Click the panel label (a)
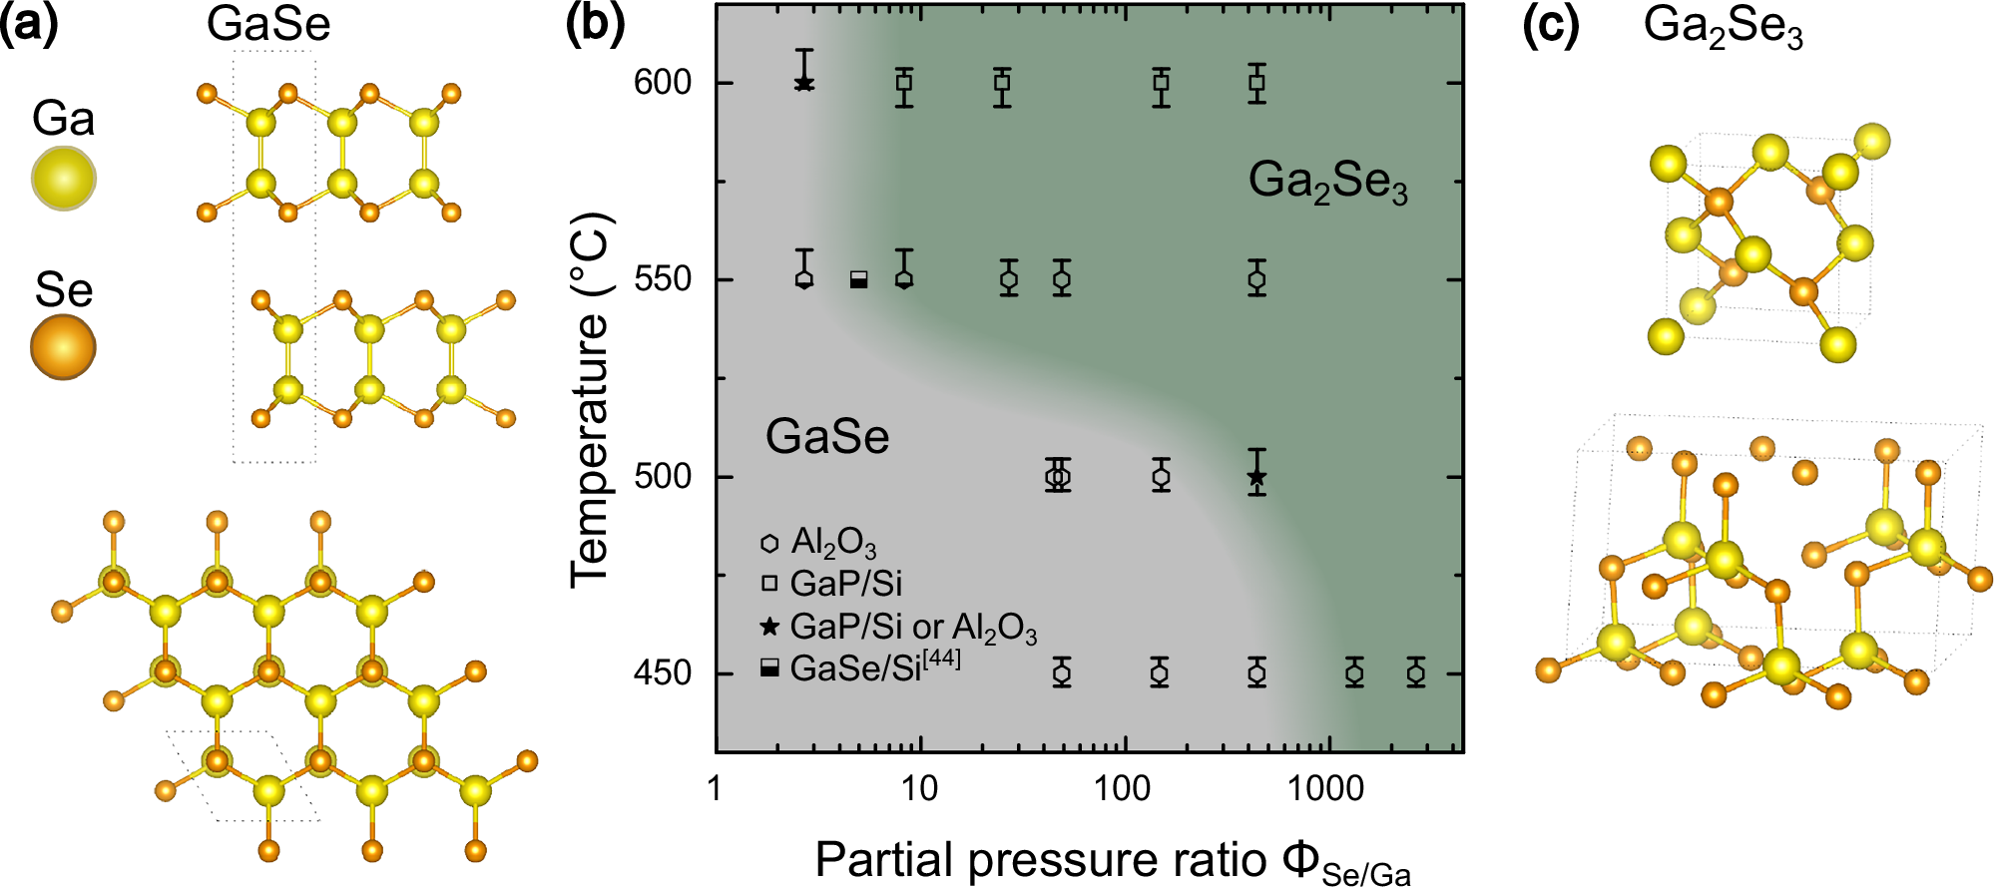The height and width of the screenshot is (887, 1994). coord(29,25)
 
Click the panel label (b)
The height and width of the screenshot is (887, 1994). coord(595,25)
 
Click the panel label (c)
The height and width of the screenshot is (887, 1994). coord(1551,25)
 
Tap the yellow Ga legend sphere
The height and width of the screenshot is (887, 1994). coord(64,179)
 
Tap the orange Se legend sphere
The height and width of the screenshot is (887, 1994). coord(63,347)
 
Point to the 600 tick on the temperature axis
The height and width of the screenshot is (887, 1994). coord(663,82)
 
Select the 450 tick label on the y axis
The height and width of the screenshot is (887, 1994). coord(663,673)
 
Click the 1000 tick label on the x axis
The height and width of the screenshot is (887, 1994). coord(1324,789)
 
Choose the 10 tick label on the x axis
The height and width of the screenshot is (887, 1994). coord(919,789)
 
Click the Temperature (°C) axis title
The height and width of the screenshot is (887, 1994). coord(590,399)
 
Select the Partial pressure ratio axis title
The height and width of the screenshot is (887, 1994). coord(1113,861)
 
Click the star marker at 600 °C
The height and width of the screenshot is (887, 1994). coord(804,84)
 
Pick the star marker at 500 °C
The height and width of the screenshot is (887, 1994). coord(1257,478)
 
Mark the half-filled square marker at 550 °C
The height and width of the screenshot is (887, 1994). coord(858,280)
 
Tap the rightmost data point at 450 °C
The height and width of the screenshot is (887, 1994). coord(1416,673)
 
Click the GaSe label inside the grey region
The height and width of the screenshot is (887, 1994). coord(827,437)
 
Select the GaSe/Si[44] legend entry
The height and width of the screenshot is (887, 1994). coord(861,667)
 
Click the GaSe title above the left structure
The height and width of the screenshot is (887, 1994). coord(268,24)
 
